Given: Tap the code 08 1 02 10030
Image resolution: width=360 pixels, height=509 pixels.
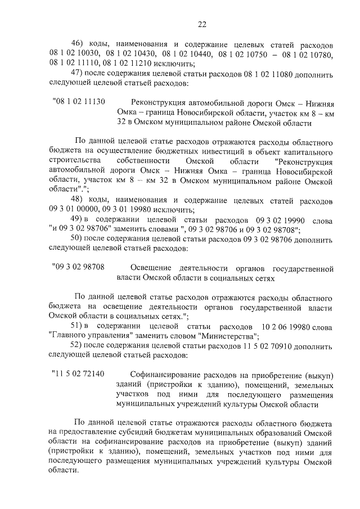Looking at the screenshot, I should (x=74, y=54).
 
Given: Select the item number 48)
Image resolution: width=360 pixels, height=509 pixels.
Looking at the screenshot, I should (x=76, y=200).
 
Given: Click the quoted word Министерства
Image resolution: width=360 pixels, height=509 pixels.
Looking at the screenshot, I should (x=227, y=336).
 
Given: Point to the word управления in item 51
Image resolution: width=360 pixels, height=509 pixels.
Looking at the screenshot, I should (x=102, y=336).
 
